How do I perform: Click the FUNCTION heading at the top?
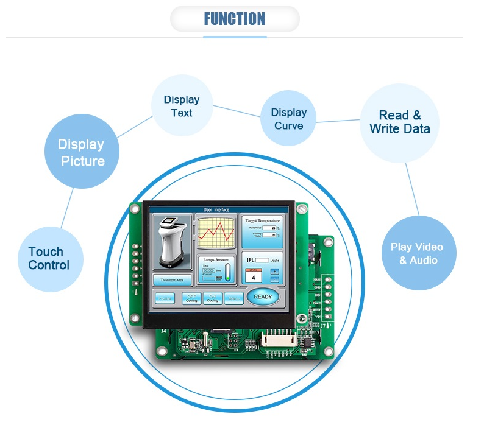[235, 19]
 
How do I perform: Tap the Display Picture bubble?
[82, 152]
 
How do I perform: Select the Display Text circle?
[182, 106]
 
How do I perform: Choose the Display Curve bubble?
[289, 119]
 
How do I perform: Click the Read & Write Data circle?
[400, 122]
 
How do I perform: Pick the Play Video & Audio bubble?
[417, 253]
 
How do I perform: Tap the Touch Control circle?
[49, 258]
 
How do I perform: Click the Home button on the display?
[165, 298]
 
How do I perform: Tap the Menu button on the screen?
[233, 298]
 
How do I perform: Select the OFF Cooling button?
[192, 298]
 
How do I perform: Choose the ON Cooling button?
[212, 298]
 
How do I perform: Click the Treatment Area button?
[172, 280]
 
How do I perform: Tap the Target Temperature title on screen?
[262, 220]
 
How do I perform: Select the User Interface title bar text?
[216, 209]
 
